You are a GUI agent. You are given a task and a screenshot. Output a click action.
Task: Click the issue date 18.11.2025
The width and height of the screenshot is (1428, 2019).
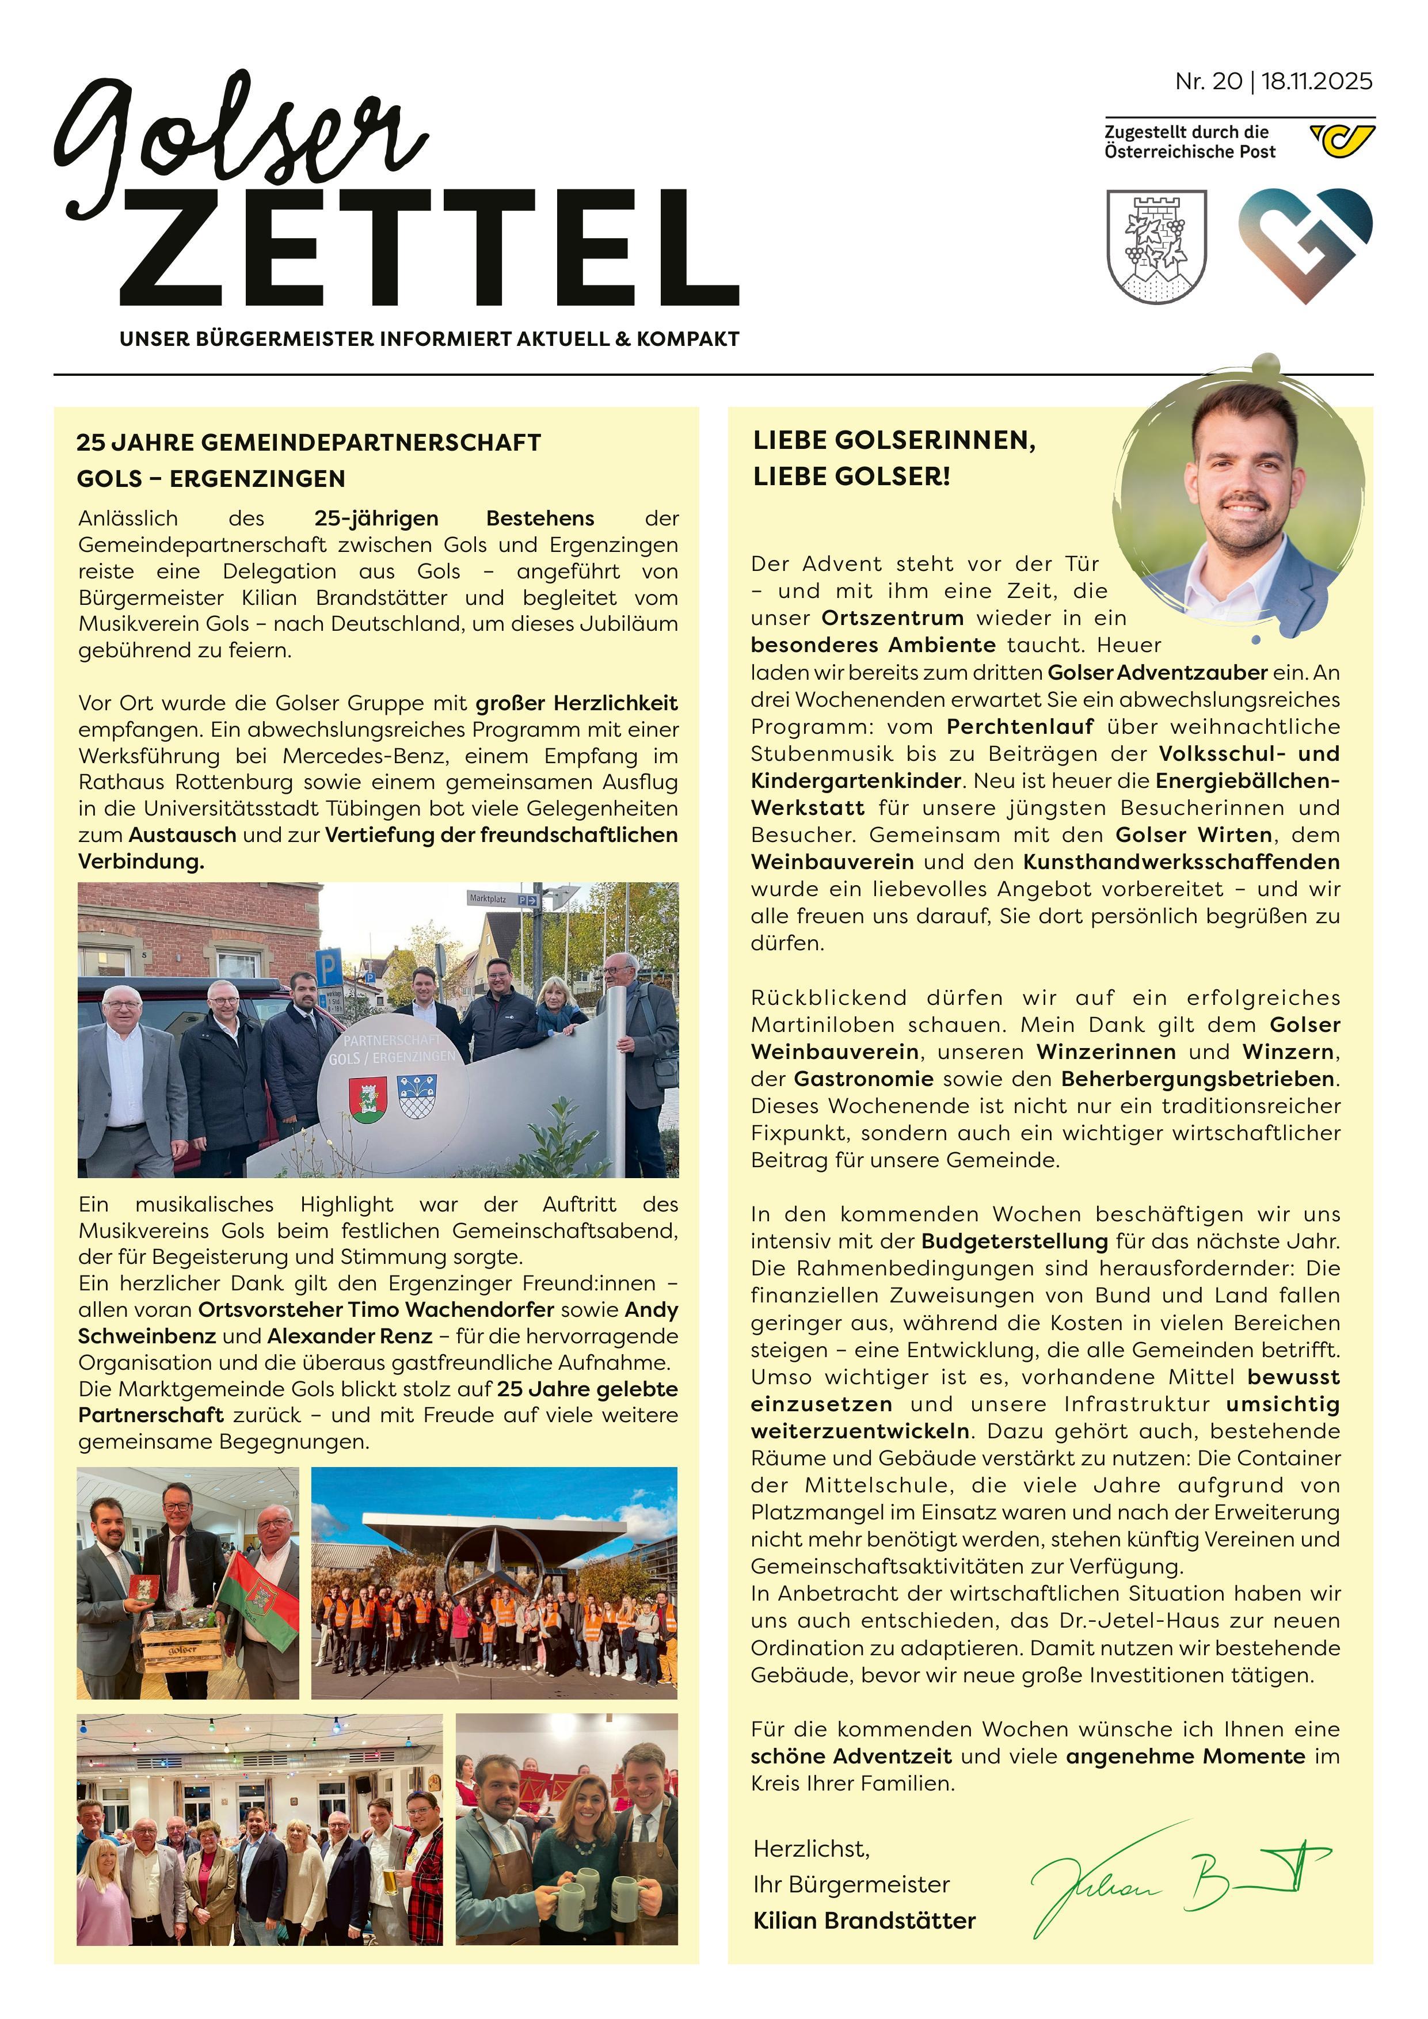[1316, 82]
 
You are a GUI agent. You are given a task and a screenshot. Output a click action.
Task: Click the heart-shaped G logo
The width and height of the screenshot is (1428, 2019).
[1305, 245]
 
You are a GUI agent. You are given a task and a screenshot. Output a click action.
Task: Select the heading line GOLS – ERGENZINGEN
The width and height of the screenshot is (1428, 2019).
[211, 479]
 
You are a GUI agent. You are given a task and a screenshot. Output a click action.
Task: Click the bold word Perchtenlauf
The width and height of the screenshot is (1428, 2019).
[1020, 727]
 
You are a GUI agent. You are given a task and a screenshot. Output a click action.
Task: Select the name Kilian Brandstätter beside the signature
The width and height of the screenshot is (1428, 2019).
[865, 1921]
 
